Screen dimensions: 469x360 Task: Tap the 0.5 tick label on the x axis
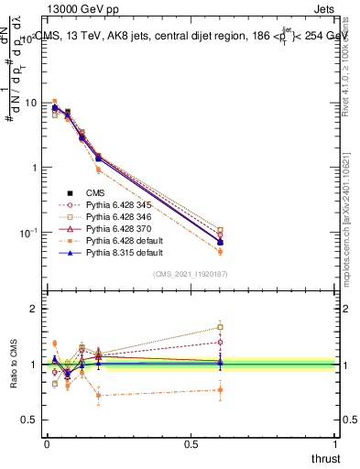(x=191, y=443)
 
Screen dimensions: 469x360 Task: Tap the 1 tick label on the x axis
(x=336, y=443)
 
